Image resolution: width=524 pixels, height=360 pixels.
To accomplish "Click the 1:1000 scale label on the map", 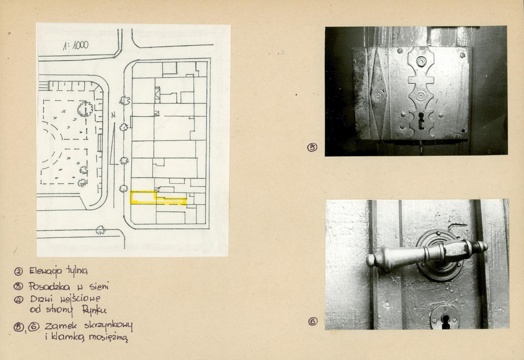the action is coord(76,45).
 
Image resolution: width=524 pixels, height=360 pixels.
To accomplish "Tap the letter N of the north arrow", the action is coord(114,115).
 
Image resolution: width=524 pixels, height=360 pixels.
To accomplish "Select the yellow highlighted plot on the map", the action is coord(159,198).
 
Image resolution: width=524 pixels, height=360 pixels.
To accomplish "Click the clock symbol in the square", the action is coord(85,109).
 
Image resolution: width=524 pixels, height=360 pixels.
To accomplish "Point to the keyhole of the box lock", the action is coord(421,120).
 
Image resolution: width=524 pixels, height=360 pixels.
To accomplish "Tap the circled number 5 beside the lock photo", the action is coord(312,147).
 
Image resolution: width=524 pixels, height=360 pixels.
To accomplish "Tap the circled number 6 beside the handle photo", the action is coord(313,322).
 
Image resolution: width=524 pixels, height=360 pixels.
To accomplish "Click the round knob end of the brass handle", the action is coord(371,261).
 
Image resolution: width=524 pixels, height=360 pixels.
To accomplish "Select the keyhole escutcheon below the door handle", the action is coord(445,318).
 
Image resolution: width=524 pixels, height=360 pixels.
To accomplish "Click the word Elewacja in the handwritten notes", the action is coord(46,271).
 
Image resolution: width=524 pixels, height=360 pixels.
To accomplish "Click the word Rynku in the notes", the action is coord(94,310).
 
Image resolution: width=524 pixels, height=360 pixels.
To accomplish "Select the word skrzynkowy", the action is coord(108,326).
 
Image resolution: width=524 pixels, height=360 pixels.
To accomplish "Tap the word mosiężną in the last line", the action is coord(108,337).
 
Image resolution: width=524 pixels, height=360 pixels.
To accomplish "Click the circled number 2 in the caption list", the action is coord(18,271).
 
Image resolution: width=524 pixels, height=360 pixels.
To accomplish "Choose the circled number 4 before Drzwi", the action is coord(18,300).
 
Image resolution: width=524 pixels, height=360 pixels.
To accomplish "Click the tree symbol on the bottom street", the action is coord(100,230).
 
